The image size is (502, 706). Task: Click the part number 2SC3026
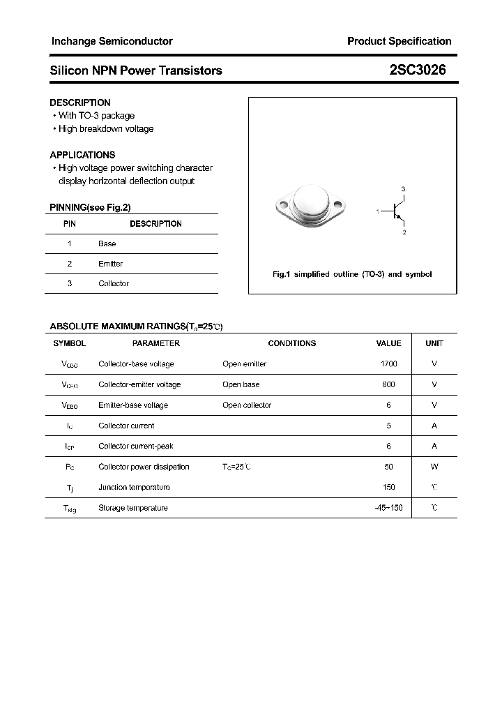(x=418, y=70)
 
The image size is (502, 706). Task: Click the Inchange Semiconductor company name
(x=112, y=41)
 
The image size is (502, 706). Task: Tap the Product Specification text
(x=399, y=41)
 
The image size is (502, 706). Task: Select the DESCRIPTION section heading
(x=79, y=103)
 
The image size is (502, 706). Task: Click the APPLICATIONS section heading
(x=82, y=155)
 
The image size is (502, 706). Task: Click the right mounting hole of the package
(x=339, y=206)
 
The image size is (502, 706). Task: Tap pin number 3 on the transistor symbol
(x=403, y=189)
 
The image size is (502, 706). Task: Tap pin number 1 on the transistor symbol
(x=377, y=211)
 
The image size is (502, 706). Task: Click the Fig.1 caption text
(x=351, y=274)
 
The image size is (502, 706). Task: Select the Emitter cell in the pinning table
(x=110, y=264)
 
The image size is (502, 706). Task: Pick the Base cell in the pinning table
(x=107, y=243)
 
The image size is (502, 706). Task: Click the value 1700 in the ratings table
(x=388, y=363)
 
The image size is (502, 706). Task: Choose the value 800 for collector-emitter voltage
(x=388, y=384)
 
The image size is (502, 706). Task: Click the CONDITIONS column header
(x=291, y=343)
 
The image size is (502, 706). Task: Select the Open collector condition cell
(x=247, y=405)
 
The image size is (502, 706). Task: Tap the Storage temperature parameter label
(x=132, y=508)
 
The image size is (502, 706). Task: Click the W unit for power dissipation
(x=434, y=467)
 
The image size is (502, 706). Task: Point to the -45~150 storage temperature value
(x=388, y=508)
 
